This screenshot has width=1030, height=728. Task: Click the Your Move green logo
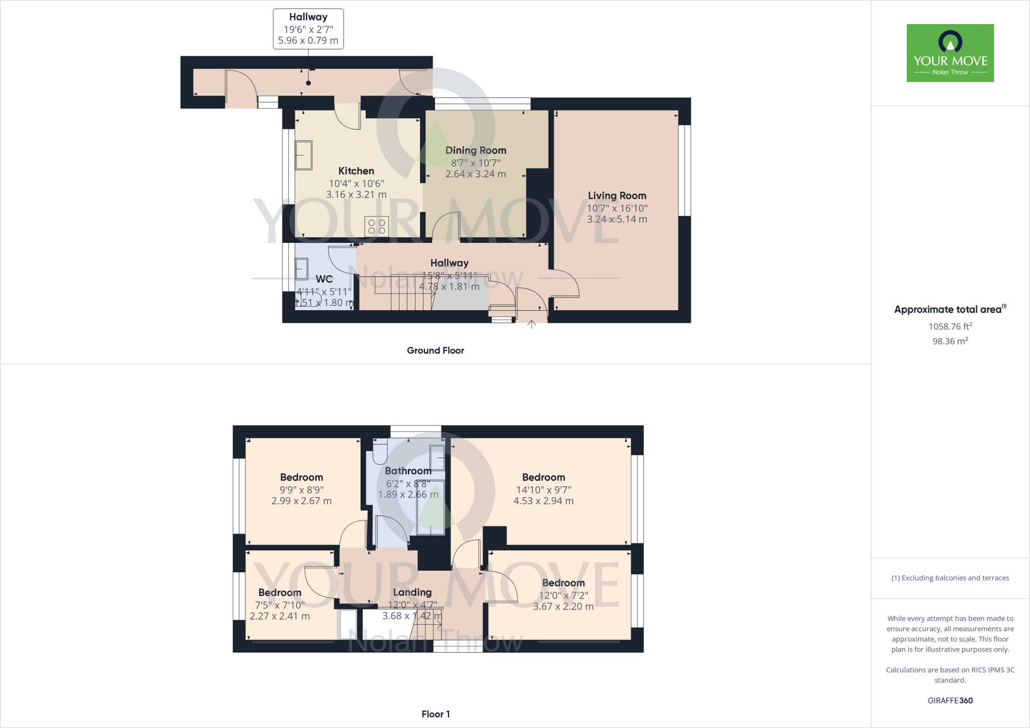950,53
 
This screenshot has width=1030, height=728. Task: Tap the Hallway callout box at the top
308,29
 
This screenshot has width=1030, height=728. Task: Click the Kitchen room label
356,171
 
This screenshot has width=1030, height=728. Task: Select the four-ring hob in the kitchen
377,226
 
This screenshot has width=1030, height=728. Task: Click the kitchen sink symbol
304,155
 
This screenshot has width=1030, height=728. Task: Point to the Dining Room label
476,150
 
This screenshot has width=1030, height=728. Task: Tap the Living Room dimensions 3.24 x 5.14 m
617,219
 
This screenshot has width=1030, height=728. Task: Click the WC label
324,279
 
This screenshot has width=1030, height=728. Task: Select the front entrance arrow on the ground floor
532,324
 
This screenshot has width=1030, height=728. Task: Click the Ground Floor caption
436,350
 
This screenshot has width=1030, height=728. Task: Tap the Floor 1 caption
436,714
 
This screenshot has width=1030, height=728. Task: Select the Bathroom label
408,471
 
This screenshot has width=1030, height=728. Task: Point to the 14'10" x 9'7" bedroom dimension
544,490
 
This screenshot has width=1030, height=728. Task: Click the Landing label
412,592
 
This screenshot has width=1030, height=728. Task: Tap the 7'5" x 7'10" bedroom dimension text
280,605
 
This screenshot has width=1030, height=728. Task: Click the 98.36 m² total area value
950,341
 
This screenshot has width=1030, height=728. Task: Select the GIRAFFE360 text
950,700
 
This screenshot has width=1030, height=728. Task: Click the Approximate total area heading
948,310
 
